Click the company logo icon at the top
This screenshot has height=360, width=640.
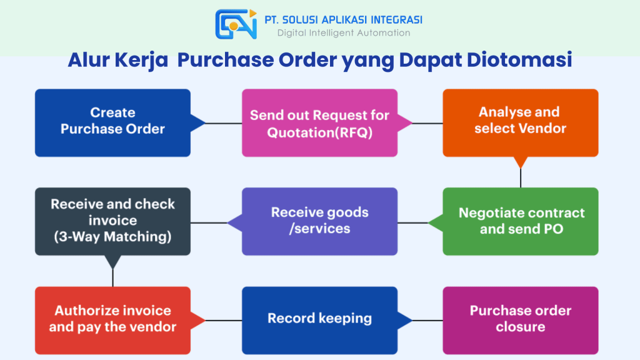click(x=236, y=24)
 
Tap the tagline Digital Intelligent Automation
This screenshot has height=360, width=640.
click(x=344, y=33)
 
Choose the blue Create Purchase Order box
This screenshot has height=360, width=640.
click(x=112, y=122)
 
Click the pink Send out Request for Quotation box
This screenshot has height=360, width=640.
click(x=319, y=122)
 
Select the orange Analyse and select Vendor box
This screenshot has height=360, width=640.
click(x=520, y=121)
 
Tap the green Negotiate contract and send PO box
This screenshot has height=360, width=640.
click(x=521, y=221)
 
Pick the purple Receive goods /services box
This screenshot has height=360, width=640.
click(x=319, y=221)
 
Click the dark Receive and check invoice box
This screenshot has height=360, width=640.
click(x=112, y=221)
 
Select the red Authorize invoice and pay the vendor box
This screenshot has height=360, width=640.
click(x=112, y=319)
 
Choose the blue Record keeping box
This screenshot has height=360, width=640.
click(x=319, y=319)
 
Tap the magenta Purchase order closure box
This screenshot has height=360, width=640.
click(x=520, y=319)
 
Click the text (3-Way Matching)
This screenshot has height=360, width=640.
click(x=112, y=237)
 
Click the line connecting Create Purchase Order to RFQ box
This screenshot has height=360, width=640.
click(x=224, y=123)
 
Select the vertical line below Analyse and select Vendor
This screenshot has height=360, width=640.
click(x=521, y=177)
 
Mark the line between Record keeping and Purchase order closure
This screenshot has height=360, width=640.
click(x=427, y=321)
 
